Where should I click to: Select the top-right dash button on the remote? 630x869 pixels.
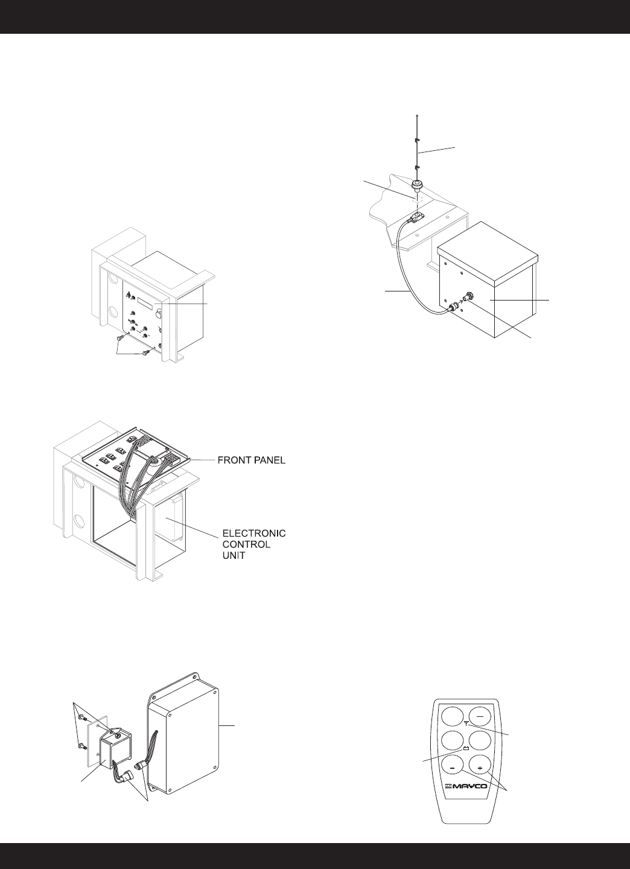coord(482,718)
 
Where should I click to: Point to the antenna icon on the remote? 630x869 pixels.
coord(467,724)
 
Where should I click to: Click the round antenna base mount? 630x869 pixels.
coord(416,184)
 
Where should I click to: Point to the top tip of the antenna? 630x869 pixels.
coord(417,115)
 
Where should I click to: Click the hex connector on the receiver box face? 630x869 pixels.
coord(468,297)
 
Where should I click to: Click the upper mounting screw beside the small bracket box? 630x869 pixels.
coord(84,718)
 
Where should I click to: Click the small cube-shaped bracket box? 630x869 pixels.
coord(116,746)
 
